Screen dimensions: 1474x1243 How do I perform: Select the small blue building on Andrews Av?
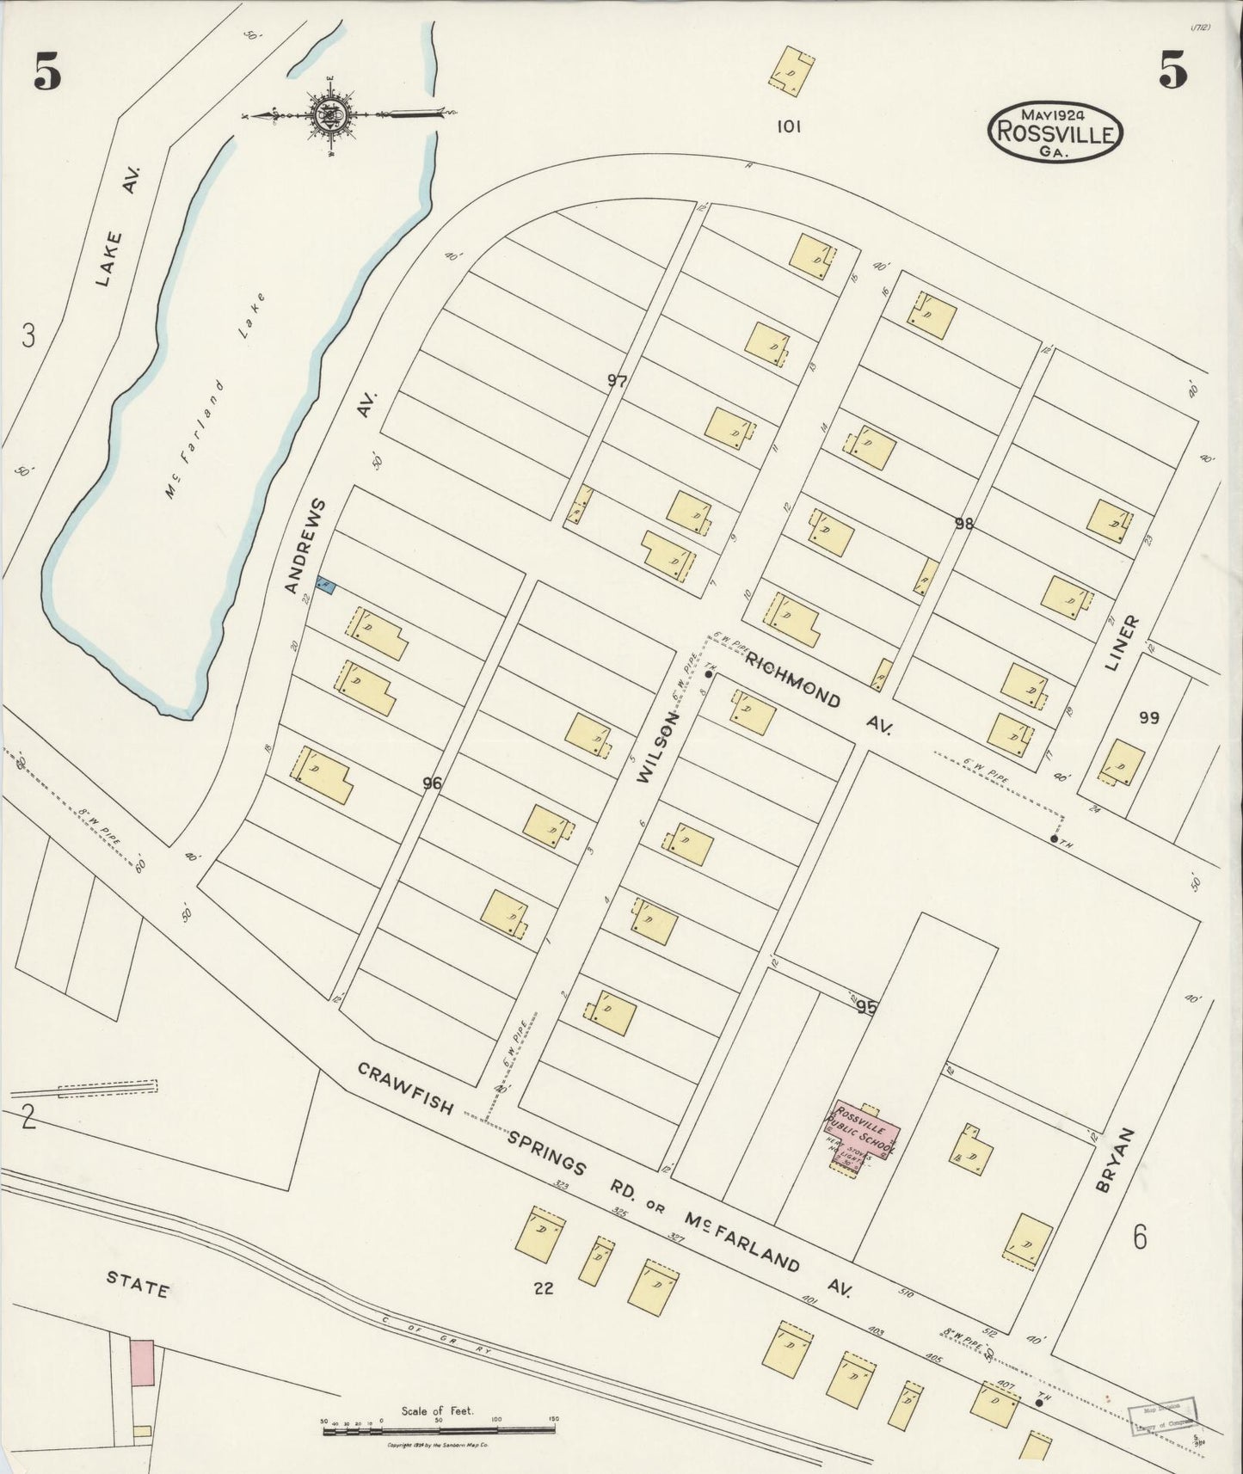(325, 586)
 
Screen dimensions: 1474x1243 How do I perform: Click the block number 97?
(617, 381)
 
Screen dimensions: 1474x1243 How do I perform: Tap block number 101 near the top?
(788, 126)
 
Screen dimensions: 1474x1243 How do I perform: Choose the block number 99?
(1149, 718)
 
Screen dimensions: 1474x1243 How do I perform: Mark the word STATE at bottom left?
(138, 1288)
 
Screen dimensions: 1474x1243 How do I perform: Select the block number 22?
(543, 1288)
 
